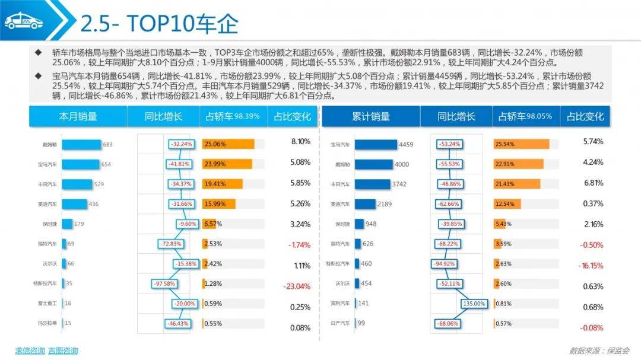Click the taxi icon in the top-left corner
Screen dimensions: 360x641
[x=24, y=21]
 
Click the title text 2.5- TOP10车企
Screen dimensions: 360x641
[x=159, y=24]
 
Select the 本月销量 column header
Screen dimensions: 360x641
[x=78, y=116]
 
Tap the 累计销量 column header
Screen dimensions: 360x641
[x=370, y=116]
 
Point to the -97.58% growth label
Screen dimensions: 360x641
[x=164, y=284]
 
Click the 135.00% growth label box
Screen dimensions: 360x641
[x=474, y=304]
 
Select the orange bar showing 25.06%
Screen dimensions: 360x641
[x=229, y=144]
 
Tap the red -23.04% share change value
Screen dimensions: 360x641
[x=297, y=286]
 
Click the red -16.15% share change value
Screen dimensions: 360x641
[x=591, y=266]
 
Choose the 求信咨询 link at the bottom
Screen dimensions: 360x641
[x=30, y=351]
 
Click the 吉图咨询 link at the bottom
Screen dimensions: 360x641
[x=63, y=351]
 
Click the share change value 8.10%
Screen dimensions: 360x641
[x=300, y=142]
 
